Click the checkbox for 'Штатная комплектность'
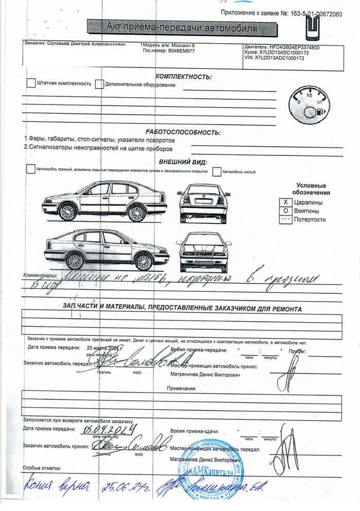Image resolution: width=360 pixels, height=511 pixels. click(31, 83)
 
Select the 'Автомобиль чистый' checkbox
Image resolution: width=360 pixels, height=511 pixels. click(217, 171)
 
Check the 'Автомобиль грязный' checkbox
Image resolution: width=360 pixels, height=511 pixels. click(31, 169)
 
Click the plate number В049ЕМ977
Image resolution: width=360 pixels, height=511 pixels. click(178, 51)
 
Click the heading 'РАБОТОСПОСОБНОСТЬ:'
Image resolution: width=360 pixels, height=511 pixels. click(183, 132)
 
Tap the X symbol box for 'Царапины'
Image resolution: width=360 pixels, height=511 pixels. click(285, 202)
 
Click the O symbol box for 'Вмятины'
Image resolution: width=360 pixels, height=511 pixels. click(285, 211)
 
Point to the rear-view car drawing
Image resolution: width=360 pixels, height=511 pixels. click(203, 203)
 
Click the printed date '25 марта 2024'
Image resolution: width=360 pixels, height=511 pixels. click(105, 348)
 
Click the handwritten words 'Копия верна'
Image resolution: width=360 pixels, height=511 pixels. click(57, 485)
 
